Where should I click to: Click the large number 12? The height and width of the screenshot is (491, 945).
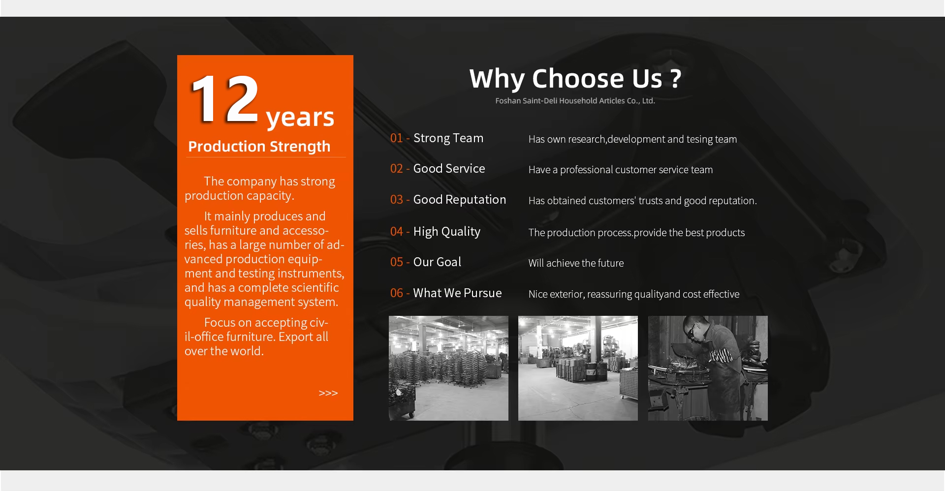[x=224, y=99]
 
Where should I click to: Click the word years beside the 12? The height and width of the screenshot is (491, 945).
[x=300, y=118]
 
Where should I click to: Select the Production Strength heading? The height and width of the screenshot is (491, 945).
[x=259, y=147]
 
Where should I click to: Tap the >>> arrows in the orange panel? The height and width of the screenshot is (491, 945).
[x=328, y=393]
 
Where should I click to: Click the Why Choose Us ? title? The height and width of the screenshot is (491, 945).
[x=575, y=79]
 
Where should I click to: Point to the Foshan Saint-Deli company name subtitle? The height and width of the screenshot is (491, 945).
[x=575, y=101]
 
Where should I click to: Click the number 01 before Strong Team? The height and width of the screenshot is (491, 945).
[x=396, y=138]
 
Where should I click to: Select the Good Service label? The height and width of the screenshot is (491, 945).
[x=449, y=169]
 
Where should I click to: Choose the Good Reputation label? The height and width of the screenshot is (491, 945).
[x=459, y=200]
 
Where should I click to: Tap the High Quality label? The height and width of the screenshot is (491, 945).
[x=446, y=232]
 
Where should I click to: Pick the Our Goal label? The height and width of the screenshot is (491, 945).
[x=437, y=262]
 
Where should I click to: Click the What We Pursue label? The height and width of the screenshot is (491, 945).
[x=457, y=293]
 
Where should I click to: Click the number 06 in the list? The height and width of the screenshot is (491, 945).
[x=396, y=293]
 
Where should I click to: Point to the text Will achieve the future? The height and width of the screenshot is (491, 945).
[x=576, y=263]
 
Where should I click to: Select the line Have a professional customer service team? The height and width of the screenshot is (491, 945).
[x=621, y=170]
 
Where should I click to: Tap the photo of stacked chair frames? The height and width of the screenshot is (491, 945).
[x=448, y=368]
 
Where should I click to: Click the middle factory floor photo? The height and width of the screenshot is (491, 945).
[x=578, y=368]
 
